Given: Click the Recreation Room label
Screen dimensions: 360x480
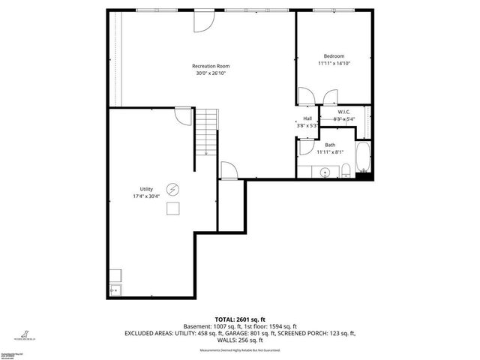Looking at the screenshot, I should [x=210, y=66].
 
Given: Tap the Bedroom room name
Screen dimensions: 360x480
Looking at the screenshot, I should [x=334, y=56].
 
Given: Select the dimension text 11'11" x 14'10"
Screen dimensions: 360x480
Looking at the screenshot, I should [x=334, y=64].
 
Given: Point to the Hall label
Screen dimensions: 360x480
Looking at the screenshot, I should [x=307, y=118].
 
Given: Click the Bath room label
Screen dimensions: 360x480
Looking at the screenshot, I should [x=330, y=145].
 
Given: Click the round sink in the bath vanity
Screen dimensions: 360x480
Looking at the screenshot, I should [x=324, y=172].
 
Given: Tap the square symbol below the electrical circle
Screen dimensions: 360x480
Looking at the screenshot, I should [x=173, y=209].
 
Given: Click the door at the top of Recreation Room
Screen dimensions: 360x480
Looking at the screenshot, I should [x=202, y=21].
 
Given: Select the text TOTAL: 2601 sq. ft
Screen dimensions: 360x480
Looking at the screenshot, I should [x=239, y=319].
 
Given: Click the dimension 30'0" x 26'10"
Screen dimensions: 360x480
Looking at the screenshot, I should [x=210, y=73].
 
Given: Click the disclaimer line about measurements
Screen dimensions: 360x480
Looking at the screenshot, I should [x=239, y=350].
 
